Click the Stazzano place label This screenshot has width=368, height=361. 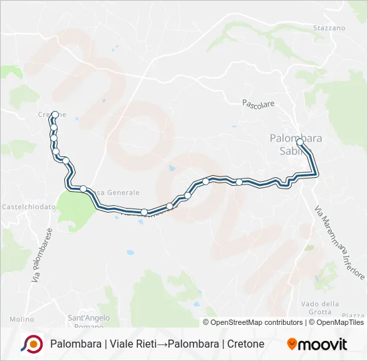pyautogui.click(x=329, y=28)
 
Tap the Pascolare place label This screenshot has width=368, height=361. pyautogui.click(x=258, y=104)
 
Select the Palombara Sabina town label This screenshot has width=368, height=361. pyautogui.click(x=295, y=144)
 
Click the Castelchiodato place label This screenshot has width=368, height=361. pyautogui.click(x=28, y=207)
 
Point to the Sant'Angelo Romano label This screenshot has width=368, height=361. pyautogui.click(x=86, y=321)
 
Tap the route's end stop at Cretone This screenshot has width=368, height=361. pyautogui.click(x=55, y=114)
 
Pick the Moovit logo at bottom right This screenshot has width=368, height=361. pyautogui.click(x=317, y=344)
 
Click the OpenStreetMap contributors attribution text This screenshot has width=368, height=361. pyautogui.click(x=256, y=322)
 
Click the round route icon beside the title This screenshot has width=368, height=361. pyautogui.click(x=31, y=344)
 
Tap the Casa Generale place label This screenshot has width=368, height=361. pyautogui.click(x=115, y=193)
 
